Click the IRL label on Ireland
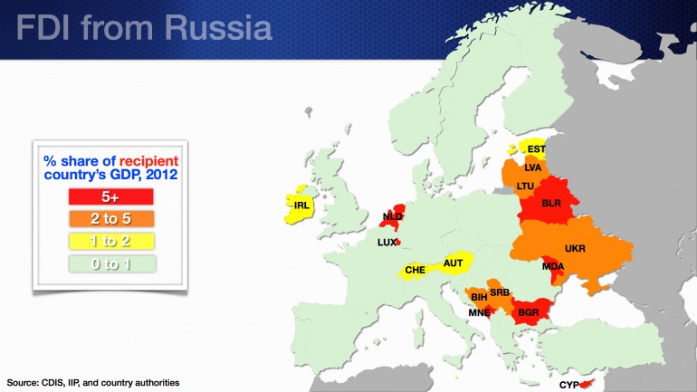[302, 206]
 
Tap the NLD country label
[392, 216]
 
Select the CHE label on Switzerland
[415, 270]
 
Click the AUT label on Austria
[453, 263]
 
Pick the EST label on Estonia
[537, 149]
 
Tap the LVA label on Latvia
[532, 167]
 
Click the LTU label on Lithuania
[525, 186]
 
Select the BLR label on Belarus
[552, 204]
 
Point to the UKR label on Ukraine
[575, 248]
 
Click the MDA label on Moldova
[554, 265]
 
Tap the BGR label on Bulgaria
[529, 313]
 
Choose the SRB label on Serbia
[500, 292]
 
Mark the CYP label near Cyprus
[568, 385]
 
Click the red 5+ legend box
[111, 196]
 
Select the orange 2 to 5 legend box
[111, 218]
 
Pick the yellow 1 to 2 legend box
[111, 241]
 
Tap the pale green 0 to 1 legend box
[111, 263]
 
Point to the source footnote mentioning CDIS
[93, 382]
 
